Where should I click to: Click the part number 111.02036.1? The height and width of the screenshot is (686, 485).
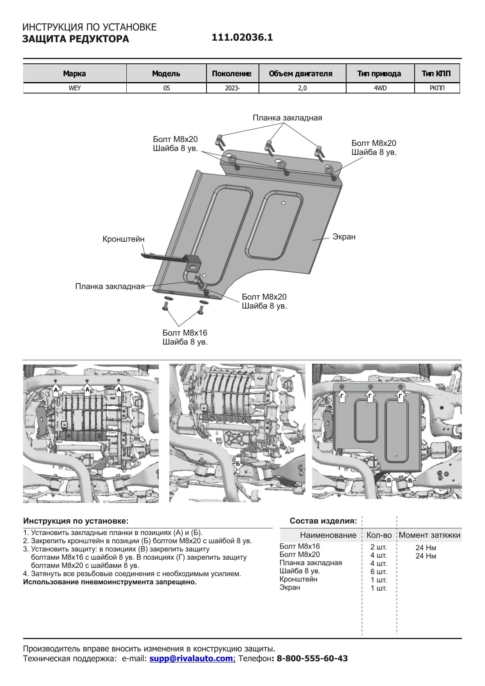pos(242,38)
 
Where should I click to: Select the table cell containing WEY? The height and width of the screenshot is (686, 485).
pos(75,88)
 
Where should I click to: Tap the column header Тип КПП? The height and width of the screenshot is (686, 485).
pos(436,74)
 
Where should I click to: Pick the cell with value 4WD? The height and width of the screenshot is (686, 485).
pos(380,88)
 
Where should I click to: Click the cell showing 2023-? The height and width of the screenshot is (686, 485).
pos(232,88)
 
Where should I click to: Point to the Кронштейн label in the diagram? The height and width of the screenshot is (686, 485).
pos(123,239)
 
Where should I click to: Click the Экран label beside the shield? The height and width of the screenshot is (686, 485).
pos(344,237)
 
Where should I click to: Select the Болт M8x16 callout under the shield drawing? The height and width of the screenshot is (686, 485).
pos(185,333)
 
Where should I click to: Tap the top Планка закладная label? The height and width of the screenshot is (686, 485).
pos(287,118)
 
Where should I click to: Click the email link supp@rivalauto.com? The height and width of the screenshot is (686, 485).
pos(192,658)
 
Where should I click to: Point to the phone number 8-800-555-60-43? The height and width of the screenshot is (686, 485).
pos(312,658)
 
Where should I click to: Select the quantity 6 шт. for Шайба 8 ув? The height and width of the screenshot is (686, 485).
pos(378,571)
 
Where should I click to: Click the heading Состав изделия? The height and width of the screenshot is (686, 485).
pos(323,521)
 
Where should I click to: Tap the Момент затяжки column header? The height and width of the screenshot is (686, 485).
pos(429,535)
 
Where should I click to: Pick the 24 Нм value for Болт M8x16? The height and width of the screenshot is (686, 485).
pos(426,548)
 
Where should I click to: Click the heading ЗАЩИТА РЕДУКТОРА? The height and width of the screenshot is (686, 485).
pos(75,39)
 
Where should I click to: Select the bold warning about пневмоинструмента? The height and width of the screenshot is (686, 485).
pos(110,582)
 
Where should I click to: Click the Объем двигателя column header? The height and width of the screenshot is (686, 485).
pos(300,74)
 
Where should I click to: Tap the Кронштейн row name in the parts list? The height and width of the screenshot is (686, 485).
pos(298,579)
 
